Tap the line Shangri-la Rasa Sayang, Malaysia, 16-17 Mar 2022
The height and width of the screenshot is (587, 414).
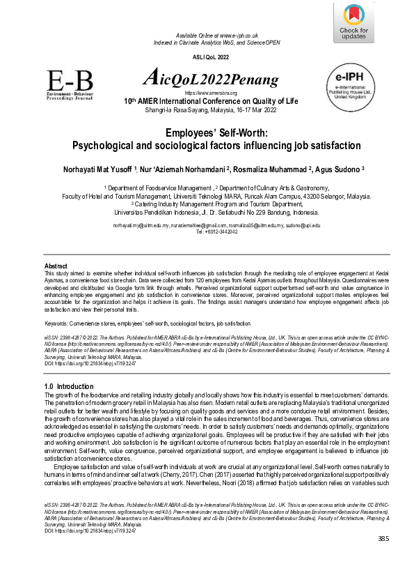(206, 110)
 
